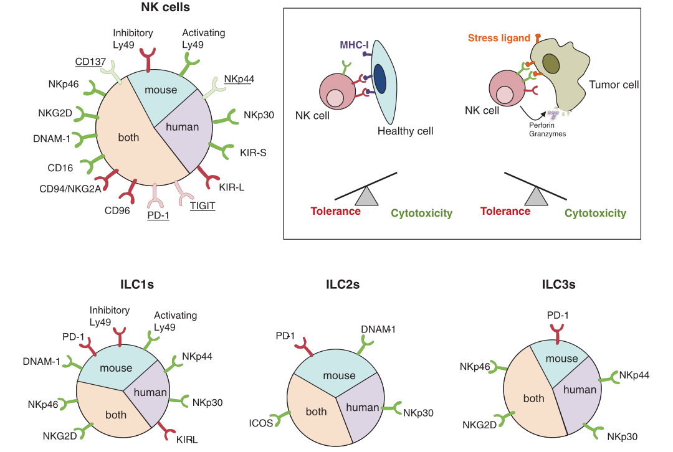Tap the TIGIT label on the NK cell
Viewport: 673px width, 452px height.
[203, 205]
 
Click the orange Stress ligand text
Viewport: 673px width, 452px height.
[499, 39]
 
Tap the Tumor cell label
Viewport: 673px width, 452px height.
[614, 84]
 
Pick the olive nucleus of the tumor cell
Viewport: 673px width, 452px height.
[550, 63]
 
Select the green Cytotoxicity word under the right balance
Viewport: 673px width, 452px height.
[595, 214]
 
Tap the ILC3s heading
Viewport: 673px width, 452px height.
[558, 285]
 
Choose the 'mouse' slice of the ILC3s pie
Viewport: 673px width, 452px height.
[561, 359]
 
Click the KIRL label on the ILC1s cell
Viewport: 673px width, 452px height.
[187, 440]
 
